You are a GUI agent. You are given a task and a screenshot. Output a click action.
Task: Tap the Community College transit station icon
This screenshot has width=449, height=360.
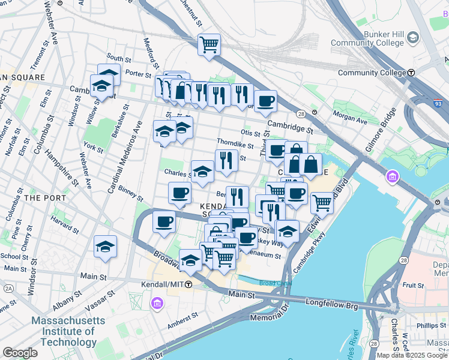pos(412,73)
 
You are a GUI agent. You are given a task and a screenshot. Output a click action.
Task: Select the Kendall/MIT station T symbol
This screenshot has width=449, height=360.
pos(188,283)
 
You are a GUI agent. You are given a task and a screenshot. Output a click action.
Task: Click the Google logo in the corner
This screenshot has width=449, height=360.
pos(20,353)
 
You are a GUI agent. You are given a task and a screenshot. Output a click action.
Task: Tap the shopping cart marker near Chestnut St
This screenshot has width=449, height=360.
pos(209,44)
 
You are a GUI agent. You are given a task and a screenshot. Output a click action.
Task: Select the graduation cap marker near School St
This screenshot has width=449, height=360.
pos(105,246)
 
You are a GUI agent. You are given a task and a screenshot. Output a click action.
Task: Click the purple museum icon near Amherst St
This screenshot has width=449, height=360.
pos(157,304)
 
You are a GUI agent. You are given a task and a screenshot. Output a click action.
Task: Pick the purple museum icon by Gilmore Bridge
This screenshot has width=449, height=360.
pos(393,177)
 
